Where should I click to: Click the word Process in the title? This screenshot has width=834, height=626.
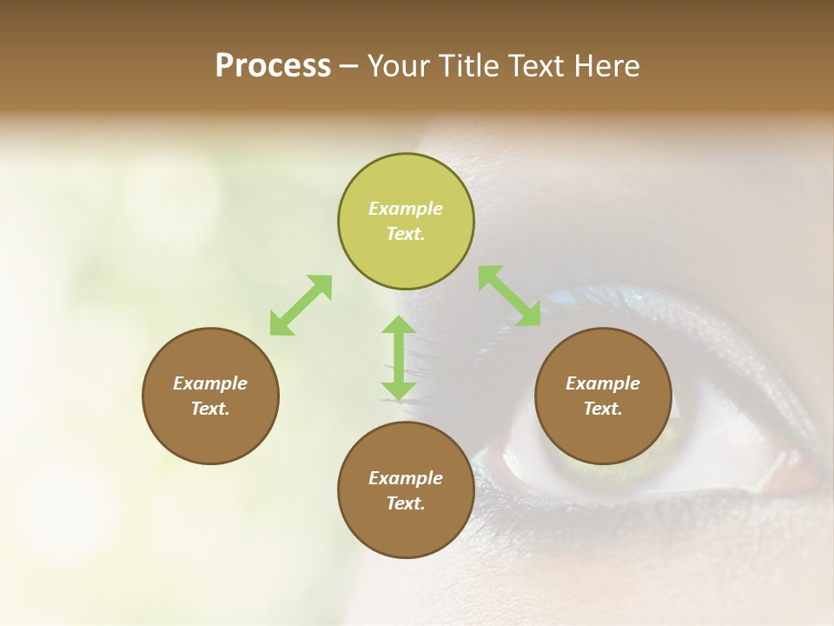tap(273, 66)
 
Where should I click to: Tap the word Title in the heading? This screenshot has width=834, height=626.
tap(470, 66)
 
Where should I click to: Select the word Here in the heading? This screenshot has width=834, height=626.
tap(606, 66)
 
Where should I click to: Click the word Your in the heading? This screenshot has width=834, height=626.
tap(400, 66)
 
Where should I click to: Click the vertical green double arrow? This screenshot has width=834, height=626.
tap(399, 357)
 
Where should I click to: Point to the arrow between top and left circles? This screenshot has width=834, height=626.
tap(301, 304)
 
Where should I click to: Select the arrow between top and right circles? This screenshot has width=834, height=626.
tap(509, 296)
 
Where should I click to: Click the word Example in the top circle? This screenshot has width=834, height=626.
tap(406, 209)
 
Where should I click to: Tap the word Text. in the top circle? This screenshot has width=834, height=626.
tap(406, 234)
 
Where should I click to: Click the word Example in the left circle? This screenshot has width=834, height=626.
tap(210, 383)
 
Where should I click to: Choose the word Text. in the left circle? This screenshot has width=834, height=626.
tap(210, 409)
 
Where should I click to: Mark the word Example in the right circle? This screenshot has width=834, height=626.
tap(603, 383)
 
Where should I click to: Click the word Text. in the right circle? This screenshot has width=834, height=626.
tap(603, 409)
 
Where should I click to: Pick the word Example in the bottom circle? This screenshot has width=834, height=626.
tap(406, 478)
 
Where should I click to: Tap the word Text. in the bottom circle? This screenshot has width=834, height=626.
tap(406, 503)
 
